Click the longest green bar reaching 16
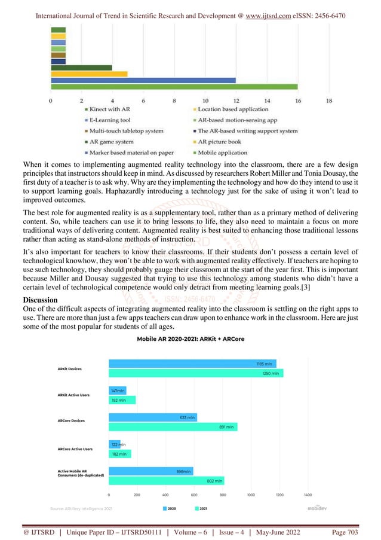(x=174, y=87)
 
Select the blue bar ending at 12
(x=143, y=80)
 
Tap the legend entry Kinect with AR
(x=110, y=109)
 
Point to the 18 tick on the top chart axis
(x=329, y=100)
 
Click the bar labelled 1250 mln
(x=196, y=373)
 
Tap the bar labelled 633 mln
(x=152, y=417)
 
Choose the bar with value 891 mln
(x=173, y=427)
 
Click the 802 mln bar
(x=166, y=480)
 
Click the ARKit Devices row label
(x=66, y=369)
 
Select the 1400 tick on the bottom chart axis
(x=308, y=495)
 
